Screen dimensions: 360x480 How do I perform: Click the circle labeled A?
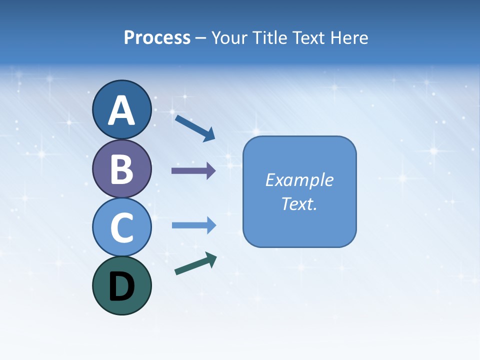coord(121,109)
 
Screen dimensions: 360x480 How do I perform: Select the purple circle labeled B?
coord(121,168)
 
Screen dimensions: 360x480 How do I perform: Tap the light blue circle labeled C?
coord(121,227)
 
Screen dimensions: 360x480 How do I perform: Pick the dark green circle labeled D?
coord(121,285)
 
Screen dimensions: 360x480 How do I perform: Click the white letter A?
coord(121,110)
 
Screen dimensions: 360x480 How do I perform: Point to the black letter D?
coord(121,287)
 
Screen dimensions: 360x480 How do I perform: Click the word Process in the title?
coord(157,37)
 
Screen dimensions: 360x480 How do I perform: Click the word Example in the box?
coord(299,180)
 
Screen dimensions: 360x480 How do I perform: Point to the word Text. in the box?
coord(299,203)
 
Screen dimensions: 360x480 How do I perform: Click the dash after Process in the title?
coord(201,38)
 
